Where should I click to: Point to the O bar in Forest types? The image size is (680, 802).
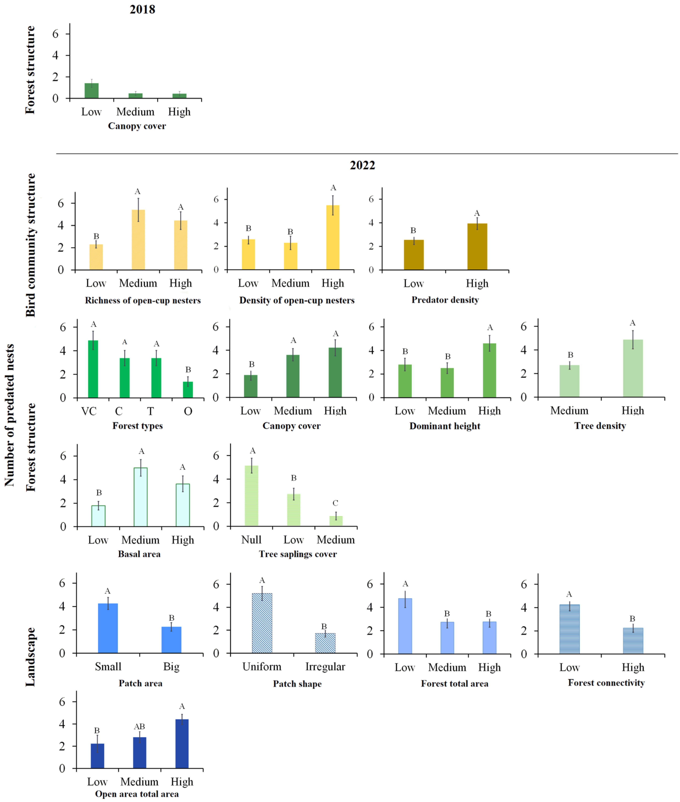coord(188,390)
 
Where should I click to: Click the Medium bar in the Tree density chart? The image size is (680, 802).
coord(569,381)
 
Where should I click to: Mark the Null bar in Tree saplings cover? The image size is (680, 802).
coord(251,496)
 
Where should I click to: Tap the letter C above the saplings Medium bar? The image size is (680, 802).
coord(335,503)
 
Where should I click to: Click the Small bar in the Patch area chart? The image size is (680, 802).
coord(108,628)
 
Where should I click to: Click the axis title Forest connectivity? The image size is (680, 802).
coord(606,683)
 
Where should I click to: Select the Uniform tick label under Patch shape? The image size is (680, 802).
coord(262,667)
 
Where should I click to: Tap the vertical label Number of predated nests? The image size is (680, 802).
coord(9,415)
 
